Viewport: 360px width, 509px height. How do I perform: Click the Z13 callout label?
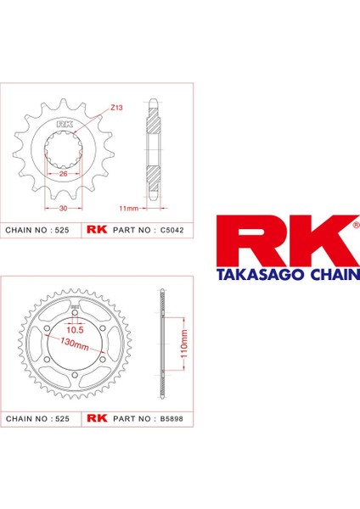click(115, 109)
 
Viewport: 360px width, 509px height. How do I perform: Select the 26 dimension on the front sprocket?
click(63, 174)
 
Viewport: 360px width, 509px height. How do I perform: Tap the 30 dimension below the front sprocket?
click(63, 207)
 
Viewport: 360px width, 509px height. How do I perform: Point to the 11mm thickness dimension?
click(129, 207)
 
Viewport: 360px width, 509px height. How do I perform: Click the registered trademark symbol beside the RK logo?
click(353, 226)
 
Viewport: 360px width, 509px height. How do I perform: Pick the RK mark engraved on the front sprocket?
click(63, 126)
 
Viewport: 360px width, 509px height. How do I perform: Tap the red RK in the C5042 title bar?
click(94, 230)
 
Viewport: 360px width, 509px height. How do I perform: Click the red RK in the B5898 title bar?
click(94, 418)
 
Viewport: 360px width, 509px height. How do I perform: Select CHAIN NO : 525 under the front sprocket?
click(36, 230)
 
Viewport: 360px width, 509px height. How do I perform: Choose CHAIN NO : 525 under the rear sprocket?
click(36, 418)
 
